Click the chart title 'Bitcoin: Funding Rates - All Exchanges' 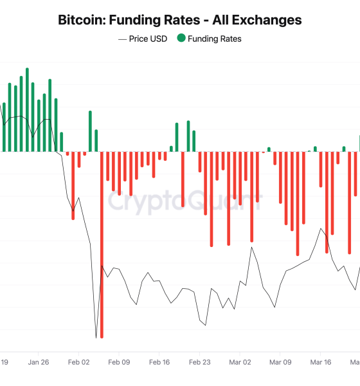180,20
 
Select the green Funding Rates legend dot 181,39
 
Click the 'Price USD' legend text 148,39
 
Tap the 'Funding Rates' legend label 214,39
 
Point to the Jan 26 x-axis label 38,362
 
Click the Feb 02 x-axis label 78,362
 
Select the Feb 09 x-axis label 119,362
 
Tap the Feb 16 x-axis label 159,362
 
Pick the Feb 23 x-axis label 200,362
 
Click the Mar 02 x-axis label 240,362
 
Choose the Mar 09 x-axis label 280,362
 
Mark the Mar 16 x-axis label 321,362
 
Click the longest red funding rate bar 102,257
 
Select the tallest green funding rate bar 27,109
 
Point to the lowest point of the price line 96,338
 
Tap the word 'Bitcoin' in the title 79,20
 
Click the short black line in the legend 122,39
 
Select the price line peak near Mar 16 321,228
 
